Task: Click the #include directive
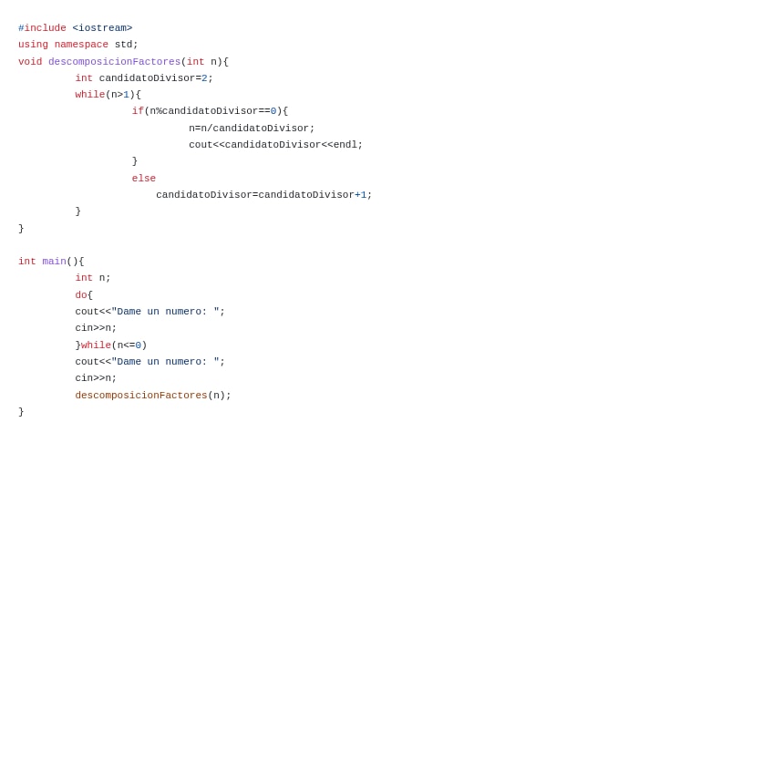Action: click(42, 28)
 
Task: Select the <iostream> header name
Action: click(102, 28)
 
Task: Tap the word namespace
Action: click(81, 45)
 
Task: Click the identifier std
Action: click(123, 45)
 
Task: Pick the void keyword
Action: click(30, 62)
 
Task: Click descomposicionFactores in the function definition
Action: click(114, 62)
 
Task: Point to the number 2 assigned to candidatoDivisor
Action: click(205, 78)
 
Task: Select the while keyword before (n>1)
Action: click(90, 95)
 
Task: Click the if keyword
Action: click(138, 111)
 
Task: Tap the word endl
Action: click(345, 145)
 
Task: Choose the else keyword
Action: click(144, 179)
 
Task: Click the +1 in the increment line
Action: click(361, 195)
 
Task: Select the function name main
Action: click(54, 262)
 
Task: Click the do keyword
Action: click(81, 295)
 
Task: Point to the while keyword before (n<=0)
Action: click(96, 345)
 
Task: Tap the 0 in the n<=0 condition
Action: click(139, 345)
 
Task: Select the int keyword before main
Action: click(27, 262)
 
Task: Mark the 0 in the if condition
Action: click(273, 111)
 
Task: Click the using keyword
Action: click(33, 45)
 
